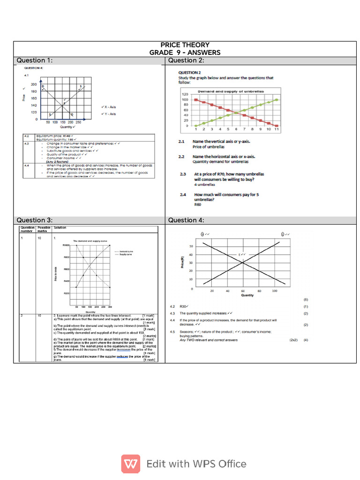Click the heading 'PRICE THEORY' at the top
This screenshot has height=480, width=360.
coord(185,45)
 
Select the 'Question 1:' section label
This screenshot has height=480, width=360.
coord(35,60)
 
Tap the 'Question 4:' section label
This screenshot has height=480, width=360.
coord(186,220)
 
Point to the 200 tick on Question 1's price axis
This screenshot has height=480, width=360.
coord(34,84)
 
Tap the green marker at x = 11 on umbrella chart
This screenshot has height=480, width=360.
coord(277,99)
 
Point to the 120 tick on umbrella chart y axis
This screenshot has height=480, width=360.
coord(185,94)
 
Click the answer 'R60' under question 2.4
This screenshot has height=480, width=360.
coord(197,205)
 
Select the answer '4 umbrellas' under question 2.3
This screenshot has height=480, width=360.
coord(203,185)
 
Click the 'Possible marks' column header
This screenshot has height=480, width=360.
coord(44,229)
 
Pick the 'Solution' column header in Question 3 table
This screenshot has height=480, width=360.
coord(60,227)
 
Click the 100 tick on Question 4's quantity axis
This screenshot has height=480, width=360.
coord(274,291)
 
